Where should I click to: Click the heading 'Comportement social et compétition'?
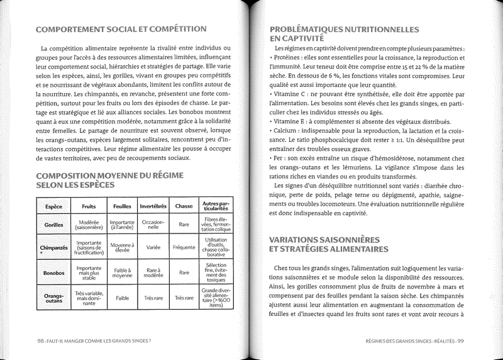coord(121,29)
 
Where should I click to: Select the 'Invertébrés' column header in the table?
coord(153,206)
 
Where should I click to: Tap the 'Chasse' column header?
coord(184,206)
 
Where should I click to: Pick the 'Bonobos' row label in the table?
coord(54,273)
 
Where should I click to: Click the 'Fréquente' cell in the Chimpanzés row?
coord(184,247)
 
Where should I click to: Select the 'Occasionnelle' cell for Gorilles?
coord(153,225)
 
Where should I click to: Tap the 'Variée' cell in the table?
coord(153,247)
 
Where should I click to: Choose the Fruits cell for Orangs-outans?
coord(89,298)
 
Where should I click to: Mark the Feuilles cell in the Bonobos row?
coord(122,273)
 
